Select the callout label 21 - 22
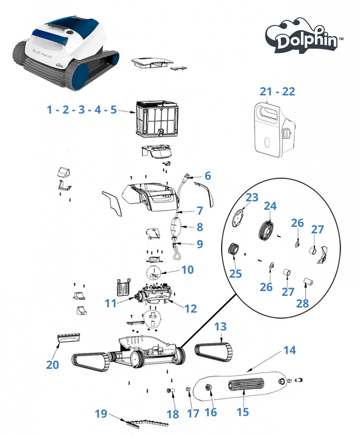[x=277, y=91]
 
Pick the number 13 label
[x=220, y=326]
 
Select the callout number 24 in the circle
[x=270, y=206]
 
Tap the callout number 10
[x=187, y=270]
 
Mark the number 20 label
[x=53, y=364]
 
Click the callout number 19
[x=101, y=413]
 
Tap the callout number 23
[x=252, y=198]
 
